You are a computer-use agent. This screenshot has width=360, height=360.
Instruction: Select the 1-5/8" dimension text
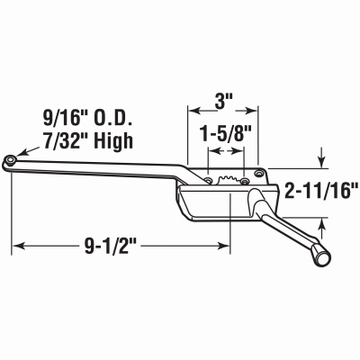pyautogui.click(x=225, y=133)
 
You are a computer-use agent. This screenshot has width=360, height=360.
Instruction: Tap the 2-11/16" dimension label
pyautogui.click(x=321, y=191)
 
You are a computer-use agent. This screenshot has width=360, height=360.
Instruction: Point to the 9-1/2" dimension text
pyautogui.click(x=111, y=247)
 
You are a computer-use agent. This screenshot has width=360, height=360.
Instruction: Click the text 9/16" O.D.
pyautogui.click(x=87, y=120)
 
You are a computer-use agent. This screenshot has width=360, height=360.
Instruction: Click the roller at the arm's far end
pyautogui.click(x=11, y=160)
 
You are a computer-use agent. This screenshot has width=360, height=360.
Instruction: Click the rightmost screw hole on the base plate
pyautogui.click(x=258, y=173)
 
